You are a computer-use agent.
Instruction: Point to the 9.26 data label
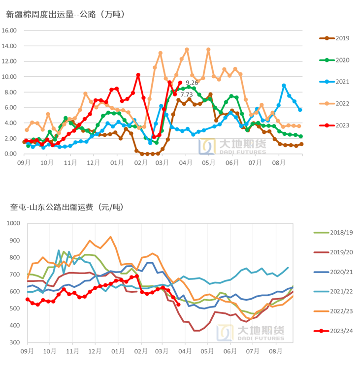(x=192, y=83)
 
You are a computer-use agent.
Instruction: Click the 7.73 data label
(x=186, y=94)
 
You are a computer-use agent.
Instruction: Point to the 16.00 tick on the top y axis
(x=9, y=31)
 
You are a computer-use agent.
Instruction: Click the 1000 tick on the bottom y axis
(x=12, y=223)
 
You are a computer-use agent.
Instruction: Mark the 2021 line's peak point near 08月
(x=284, y=86)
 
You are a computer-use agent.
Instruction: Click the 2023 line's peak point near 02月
(x=138, y=75)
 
